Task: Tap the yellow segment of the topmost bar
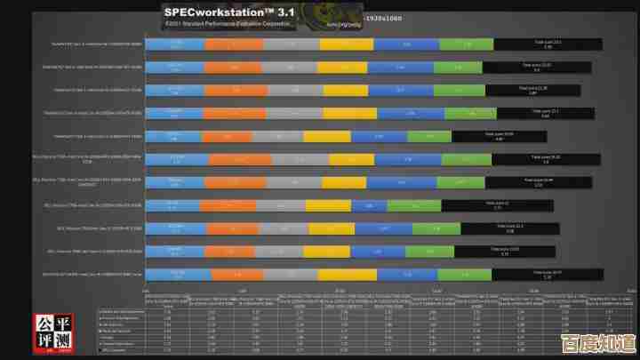(x=348, y=44)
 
